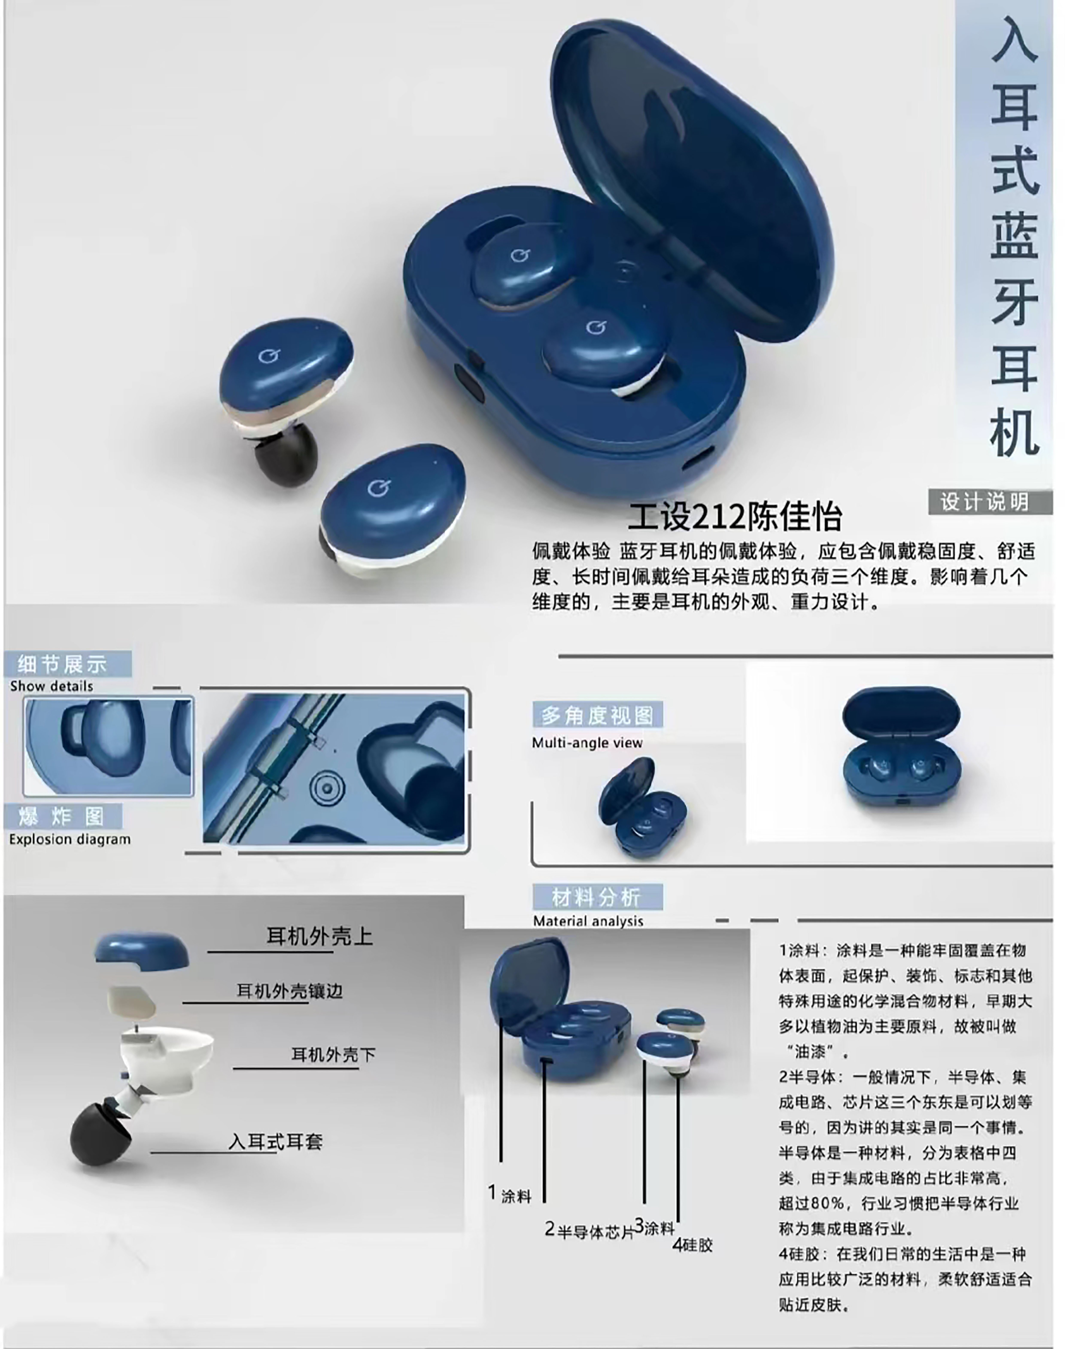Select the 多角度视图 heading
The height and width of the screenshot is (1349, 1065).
tap(597, 715)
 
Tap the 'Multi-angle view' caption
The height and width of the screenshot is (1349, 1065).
tap(587, 743)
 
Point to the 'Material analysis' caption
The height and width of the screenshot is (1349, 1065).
tap(588, 921)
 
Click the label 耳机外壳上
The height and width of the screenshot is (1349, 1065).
tap(319, 936)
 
